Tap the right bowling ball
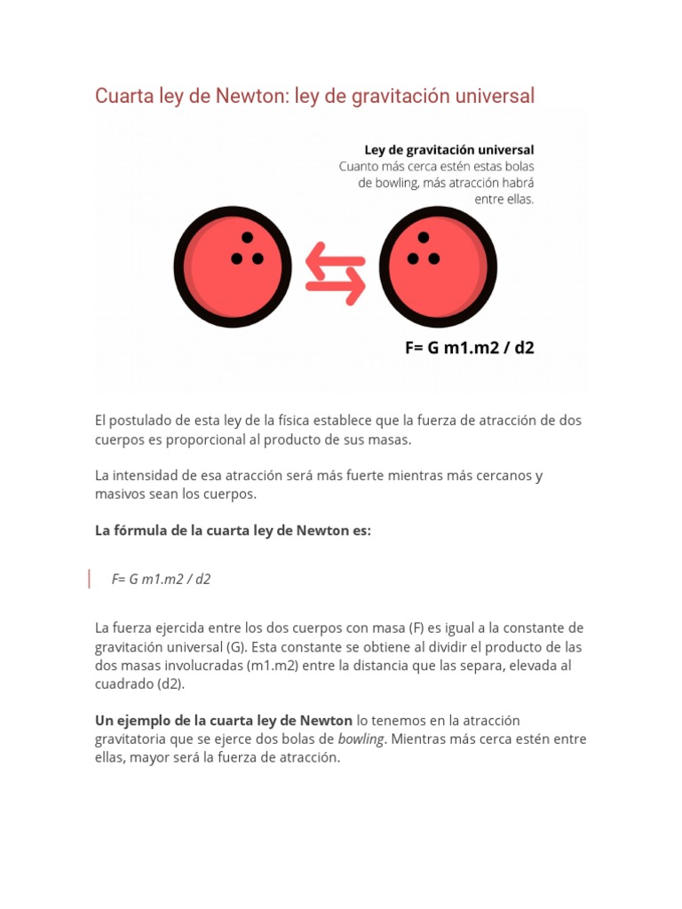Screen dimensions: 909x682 tap(438, 269)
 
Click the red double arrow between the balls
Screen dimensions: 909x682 tap(335, 274)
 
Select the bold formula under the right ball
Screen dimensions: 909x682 tap(470, 347)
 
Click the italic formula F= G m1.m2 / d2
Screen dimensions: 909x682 tap(161, 579)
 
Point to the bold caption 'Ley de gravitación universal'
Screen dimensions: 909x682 tap(449, 149)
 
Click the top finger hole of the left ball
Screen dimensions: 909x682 tap(247, 238)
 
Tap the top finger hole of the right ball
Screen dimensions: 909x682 tap(424, 238)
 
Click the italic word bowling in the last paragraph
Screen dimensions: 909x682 tap(361, 739)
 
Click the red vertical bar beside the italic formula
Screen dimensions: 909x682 tap(89, 579)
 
